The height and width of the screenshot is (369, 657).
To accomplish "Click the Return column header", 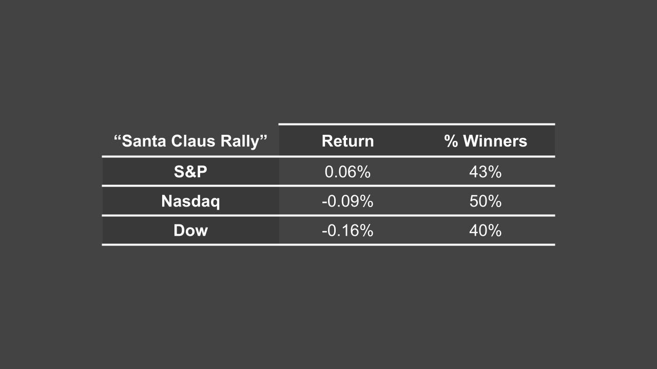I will pos(347,141).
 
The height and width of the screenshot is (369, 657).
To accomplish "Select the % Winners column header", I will pos(486,141).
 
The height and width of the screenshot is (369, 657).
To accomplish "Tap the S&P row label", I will pos(190,172).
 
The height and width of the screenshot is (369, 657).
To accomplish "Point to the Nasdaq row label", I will pos(190,201).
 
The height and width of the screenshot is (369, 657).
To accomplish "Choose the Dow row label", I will pos(190,231).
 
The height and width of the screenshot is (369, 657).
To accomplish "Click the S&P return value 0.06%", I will pos(347,172).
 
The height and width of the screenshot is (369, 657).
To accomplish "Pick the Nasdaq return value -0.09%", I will pos(347,201).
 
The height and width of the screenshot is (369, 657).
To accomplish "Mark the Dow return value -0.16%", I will pos(347,231).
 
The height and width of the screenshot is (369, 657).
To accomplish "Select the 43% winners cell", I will pos(485,172).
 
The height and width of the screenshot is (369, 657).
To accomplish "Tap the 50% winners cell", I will pos(485,201).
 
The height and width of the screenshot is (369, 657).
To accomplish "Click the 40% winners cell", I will pos(485,231).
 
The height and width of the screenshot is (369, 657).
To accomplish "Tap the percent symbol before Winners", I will pos(451,141).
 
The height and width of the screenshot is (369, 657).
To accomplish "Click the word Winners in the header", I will pos(495,141).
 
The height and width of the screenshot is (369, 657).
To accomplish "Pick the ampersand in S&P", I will pos(190,172).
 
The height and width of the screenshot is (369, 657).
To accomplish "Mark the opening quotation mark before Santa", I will pos(118,137).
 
